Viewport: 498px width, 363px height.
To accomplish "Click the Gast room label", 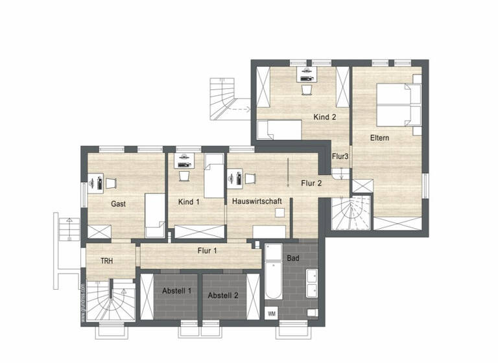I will (118, 204).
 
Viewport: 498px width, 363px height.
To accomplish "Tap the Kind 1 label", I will (189, 202).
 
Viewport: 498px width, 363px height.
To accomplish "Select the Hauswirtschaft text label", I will (257, 202).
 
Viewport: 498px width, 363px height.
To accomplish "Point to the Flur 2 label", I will (311, 183).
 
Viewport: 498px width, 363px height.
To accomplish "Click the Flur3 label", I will (340, 156).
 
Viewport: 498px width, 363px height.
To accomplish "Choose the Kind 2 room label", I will (325, 117).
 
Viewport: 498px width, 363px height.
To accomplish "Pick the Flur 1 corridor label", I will (207, 250).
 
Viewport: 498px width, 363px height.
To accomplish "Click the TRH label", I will (107, 261).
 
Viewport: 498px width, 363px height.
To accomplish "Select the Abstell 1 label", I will (176, 290).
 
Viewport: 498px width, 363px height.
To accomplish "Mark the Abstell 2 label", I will (223, 295).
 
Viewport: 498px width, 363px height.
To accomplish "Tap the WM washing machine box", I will (271, 314).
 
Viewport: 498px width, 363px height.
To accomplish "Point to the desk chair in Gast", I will (112, 182).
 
